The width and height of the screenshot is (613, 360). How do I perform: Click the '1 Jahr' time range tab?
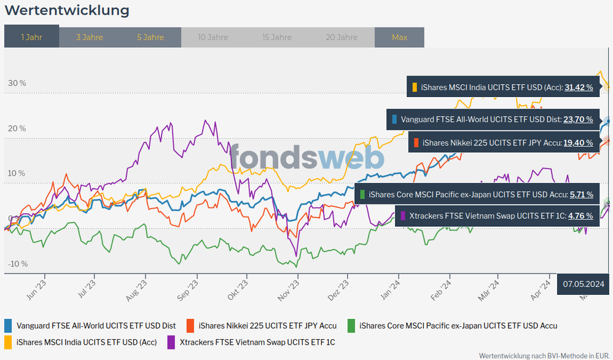[31, 37]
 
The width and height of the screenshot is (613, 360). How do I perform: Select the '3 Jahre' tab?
[90, 37]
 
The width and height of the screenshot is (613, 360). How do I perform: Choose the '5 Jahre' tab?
[150, 37]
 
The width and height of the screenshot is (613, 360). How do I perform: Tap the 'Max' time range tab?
[399, 37]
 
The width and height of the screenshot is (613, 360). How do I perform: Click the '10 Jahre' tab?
[213, 37]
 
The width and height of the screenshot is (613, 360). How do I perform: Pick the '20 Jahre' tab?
[342, 37]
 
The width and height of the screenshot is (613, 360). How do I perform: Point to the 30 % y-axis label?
[17, 83]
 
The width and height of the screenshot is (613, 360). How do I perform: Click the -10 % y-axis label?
[17, 264]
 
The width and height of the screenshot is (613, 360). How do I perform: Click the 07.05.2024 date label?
[584, 284]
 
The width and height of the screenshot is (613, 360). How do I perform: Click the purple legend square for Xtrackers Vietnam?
[171, 342]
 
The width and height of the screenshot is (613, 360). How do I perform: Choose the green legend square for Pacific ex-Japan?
[351, 325]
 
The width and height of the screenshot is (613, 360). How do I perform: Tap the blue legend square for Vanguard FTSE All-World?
[8, 325]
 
